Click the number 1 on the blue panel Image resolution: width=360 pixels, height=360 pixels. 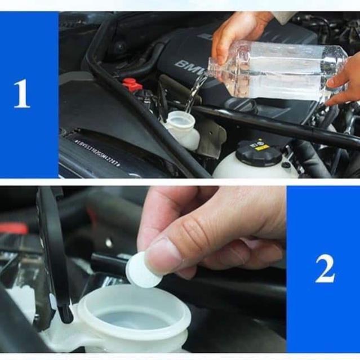pyautogui.click(x=21, y=94)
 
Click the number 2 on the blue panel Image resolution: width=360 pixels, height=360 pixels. pyautogui.click(x=325, y=270)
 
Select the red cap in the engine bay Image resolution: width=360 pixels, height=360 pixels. pyautogui.click(x=132, y=85)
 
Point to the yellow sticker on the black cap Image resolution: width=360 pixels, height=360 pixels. pyautogui.click(x=261, y=147)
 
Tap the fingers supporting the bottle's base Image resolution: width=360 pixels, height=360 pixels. pyautogui.click(x=344, y=85)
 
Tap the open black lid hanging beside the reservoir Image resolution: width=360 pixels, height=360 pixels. pyautogui.click(x=54, y=254)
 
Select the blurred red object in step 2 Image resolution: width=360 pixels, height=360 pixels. pyautogui.click(x=14, y=228)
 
